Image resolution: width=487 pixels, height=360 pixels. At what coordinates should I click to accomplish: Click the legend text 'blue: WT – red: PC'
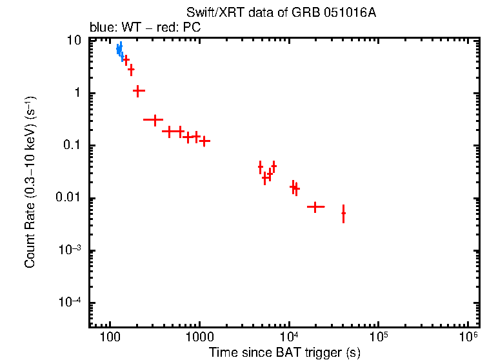point(146,28)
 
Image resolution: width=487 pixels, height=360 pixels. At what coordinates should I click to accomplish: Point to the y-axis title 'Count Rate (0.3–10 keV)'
point(30,183)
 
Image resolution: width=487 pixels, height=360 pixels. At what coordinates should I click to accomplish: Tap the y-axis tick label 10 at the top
point(74,41)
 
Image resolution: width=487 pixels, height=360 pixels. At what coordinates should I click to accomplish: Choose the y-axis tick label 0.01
point(69,198)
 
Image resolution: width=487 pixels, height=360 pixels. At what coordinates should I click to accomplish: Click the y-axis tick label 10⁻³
point(70,250)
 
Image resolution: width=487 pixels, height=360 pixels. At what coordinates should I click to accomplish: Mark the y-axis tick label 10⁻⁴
point(70,303)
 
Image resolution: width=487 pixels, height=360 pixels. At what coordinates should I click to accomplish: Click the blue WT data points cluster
point(119,50)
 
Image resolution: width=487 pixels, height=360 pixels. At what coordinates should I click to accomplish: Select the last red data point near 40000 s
point(343,213)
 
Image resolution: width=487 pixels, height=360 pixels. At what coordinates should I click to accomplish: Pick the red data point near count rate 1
point(137,91)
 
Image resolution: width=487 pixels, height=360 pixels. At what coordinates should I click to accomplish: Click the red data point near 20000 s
point(315,206)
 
